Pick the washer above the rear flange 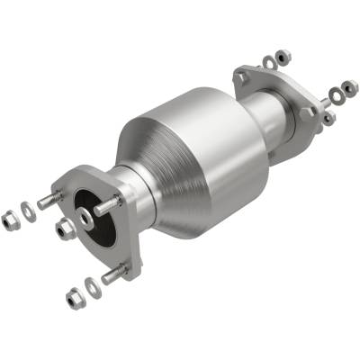click(269, 63)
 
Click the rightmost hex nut click(348, 87)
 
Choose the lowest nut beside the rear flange click(328, 117)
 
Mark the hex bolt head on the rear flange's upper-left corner click(242, 79)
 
